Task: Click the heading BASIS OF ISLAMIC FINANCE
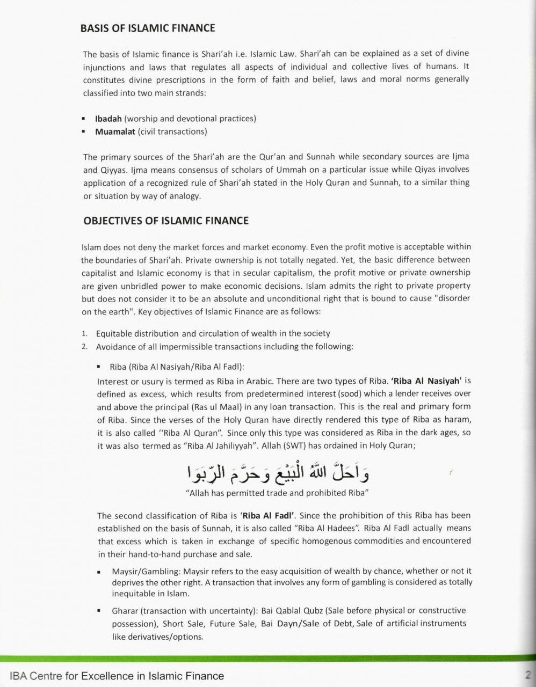click(149, 28)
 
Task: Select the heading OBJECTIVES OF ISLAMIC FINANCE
click(166, 221)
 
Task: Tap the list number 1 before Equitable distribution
click(84, 333)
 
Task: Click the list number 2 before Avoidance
click(84, 346)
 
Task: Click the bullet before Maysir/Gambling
click(100, 572)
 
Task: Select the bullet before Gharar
click(100, 611)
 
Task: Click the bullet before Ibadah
click(84, 119)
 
